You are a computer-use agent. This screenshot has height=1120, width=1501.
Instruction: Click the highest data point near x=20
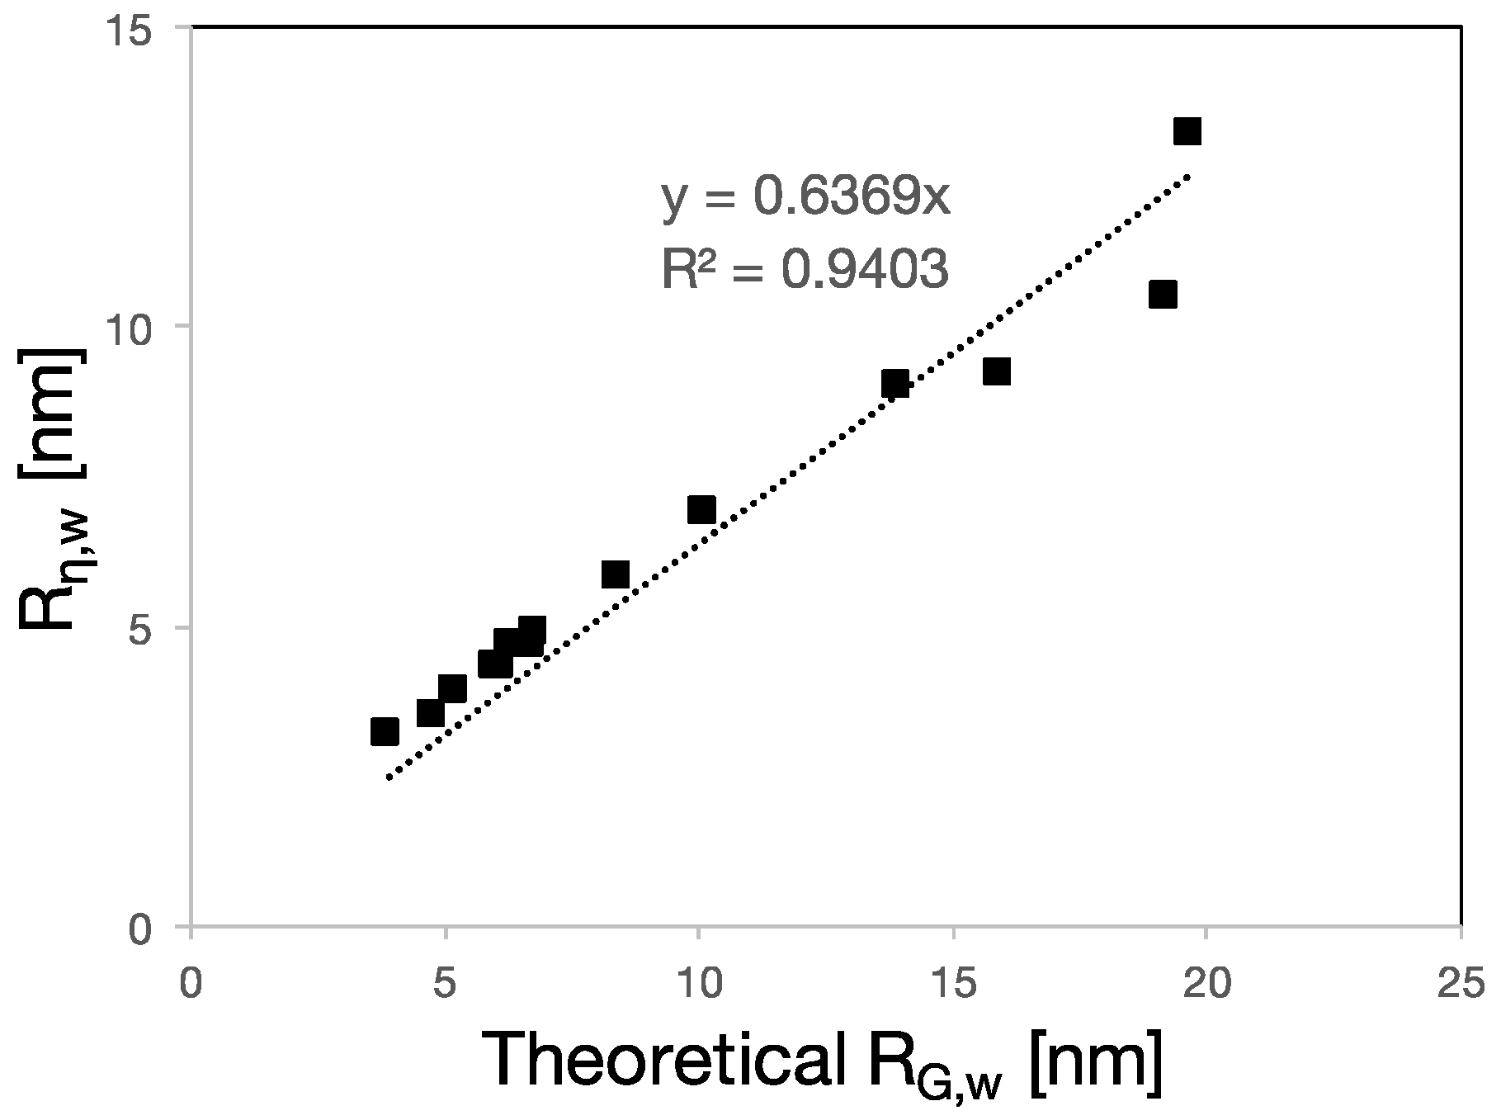pos(1187,131)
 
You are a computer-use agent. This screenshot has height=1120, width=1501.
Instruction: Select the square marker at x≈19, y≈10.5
pos(1163,294)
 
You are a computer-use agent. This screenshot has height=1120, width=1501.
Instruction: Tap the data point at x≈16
pos(997,371)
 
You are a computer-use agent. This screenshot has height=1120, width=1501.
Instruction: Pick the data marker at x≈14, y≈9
pos(895,384)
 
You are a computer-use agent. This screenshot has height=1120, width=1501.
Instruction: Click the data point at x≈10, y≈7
pos(701,510)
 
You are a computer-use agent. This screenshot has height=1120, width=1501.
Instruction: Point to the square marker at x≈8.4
pos(616,574)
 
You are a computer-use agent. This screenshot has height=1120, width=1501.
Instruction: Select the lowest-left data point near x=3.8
pos(385,731)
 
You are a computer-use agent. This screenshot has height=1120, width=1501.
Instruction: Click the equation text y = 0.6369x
pos(806,198)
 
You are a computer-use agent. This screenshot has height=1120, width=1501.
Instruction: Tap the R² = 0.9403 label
pos(805,270)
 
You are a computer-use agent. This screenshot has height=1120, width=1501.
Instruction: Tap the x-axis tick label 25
pos(1461,985)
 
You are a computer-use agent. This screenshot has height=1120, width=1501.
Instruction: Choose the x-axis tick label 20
pos(1206,985)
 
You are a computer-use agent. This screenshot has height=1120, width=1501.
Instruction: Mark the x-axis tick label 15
pos(953,985)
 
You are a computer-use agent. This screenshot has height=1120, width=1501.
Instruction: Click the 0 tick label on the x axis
pos(191,985)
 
